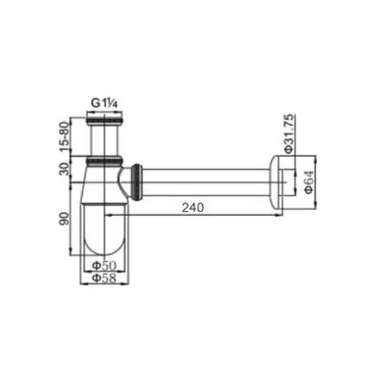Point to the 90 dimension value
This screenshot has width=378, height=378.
[65, 218]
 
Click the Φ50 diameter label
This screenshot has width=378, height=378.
[104, 265]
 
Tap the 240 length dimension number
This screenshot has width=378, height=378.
[192, 207]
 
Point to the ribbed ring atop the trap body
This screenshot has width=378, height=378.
[104, 160]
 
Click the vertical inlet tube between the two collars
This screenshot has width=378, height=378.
[104, 141]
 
